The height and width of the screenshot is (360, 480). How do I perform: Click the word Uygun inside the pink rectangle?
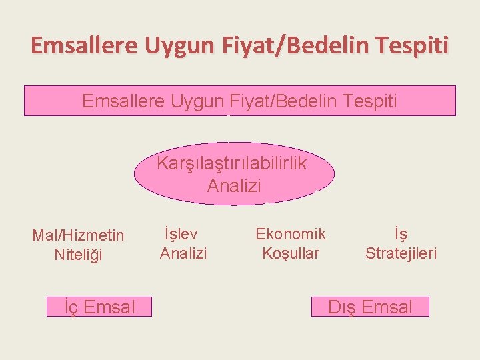(x=198, y=101)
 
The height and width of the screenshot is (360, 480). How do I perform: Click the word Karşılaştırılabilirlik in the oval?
(x=232, y=163)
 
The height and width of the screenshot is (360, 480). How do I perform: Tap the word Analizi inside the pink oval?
(x=234, y=185)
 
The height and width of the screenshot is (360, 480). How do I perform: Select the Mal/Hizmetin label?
(x=78, y=235)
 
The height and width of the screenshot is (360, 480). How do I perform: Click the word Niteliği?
(x=79, y=254)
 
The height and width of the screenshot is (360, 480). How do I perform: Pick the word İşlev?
(x=183, y=234)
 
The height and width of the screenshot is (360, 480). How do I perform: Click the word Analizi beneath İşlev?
(x=183, y=253)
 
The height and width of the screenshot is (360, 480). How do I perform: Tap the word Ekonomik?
(x=291, y=234)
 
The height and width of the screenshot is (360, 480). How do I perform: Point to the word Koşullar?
(x=291, y=253)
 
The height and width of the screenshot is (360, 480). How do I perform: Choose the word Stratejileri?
(x=401, y=253)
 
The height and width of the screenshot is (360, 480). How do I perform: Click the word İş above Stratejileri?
(x=401, y=234)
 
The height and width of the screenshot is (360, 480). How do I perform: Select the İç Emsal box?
(x=99, y=307)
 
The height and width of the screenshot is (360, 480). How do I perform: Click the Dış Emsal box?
(x=370, y=307)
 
